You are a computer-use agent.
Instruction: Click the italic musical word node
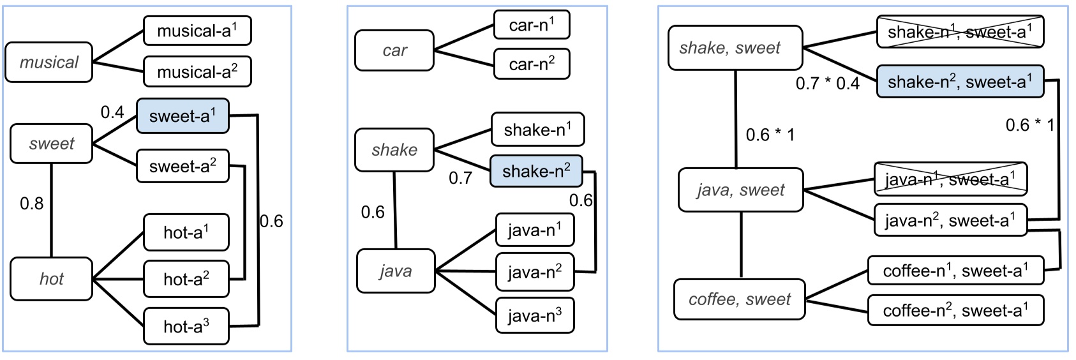[49, 63]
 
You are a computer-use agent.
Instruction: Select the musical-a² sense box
[197, 71]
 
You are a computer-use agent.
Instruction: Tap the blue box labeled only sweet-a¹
[183, 116]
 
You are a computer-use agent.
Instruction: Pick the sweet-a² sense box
[183, 167]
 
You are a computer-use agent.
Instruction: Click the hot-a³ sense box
[186, 327]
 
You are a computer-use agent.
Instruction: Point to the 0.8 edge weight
[31, 204]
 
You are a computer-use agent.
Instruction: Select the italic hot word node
[51, 279]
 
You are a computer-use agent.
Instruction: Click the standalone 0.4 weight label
[112, 112]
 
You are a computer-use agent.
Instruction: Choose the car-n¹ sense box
[532, 25]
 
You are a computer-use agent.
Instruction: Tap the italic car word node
[394, 50]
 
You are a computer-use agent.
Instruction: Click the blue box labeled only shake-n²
[536, 171]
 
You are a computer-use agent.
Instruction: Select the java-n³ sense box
[535, 315]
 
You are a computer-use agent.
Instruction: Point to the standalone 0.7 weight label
[460, 178]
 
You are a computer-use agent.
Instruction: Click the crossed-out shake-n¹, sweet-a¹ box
[960, 32]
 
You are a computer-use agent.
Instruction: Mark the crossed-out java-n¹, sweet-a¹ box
[950, 179]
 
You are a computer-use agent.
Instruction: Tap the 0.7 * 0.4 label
[827, 84]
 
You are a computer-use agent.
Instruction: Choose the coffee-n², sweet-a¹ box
[955, 310]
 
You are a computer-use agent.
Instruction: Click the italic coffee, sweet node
[740, 299]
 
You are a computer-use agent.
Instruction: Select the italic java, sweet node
[740, 190]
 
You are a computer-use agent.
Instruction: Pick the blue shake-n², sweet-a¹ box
[960, 82]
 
